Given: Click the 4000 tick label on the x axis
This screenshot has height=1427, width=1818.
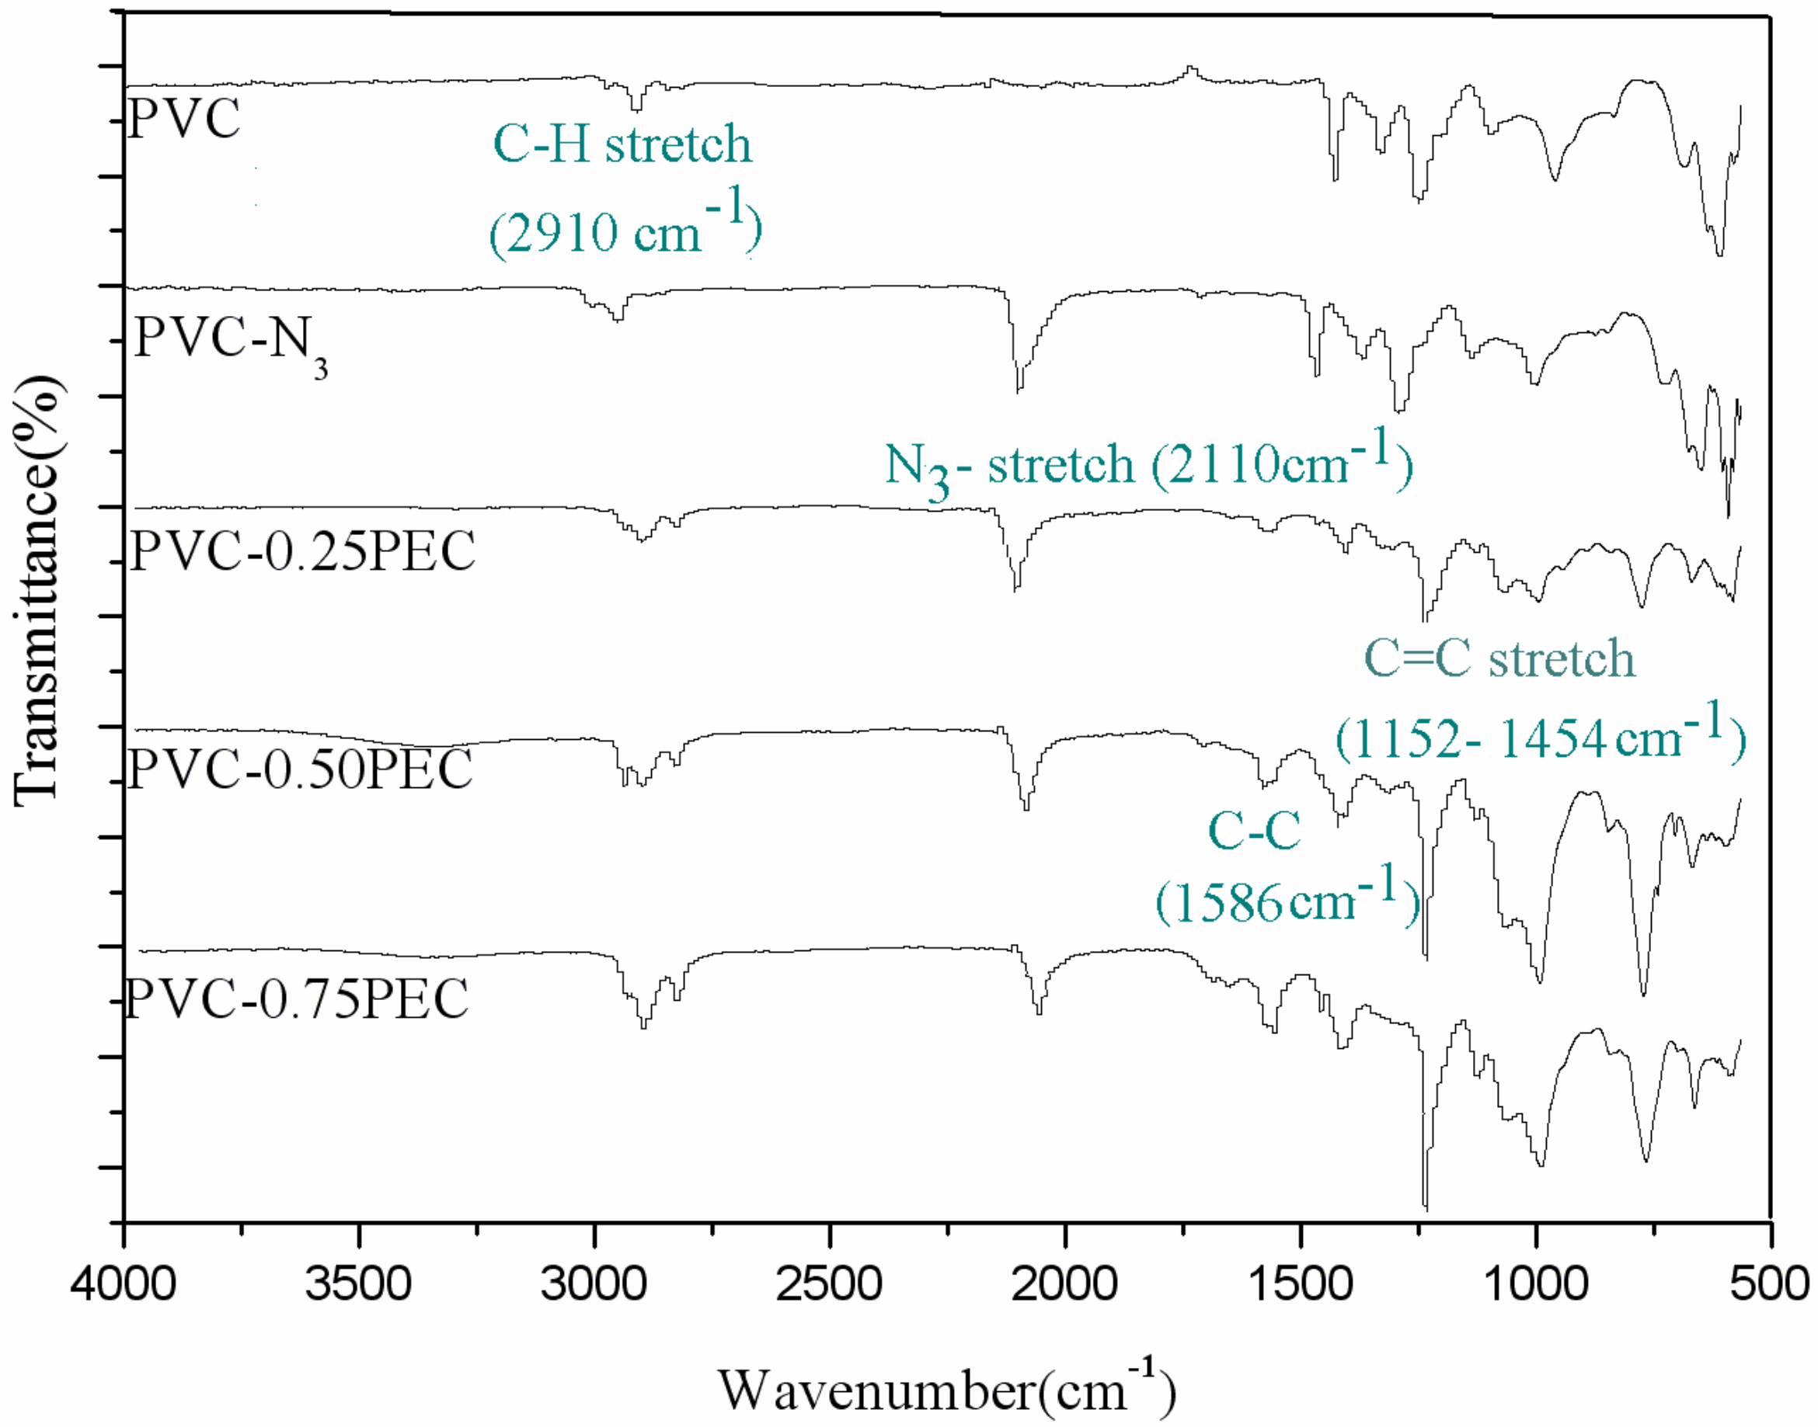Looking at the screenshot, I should coord(124,1284).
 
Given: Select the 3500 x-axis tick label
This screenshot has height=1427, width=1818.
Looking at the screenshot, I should coord(359,1284).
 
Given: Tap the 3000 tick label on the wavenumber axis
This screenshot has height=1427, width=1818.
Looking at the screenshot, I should coord(594,1284).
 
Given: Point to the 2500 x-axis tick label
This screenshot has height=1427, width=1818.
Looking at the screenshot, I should coord(830,1284).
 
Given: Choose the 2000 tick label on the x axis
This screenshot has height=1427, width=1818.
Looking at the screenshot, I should coord(1065,1284).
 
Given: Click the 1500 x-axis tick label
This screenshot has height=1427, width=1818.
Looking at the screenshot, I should coord(1301,1284).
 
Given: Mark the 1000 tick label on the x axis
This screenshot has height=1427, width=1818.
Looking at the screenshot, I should coord(1536,1284).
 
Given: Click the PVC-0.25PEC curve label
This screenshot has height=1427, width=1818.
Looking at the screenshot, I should coord(302,550).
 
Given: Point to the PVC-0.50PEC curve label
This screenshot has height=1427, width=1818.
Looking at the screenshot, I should coord(300,769).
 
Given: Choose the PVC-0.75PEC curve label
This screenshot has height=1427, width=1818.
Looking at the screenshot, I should coord(297,998).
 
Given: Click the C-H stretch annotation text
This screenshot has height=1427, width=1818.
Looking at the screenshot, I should coord(623,144).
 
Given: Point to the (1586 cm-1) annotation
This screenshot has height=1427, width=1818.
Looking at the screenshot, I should coord(1287,901).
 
